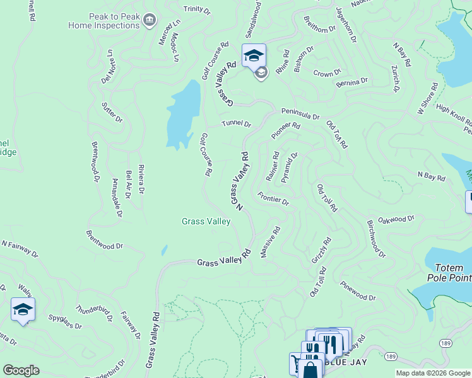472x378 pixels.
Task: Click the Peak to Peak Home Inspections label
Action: (x=104, y=21)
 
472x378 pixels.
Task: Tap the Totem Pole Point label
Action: (x=449, y=272)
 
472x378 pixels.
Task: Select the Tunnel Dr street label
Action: (x=236, y=124)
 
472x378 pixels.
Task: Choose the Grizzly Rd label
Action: (x=321, y=250)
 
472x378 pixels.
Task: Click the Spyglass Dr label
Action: (x=66, y=321)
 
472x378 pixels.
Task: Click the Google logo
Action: (x=21, y=370)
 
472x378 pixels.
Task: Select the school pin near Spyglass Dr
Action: (x=23, y=310)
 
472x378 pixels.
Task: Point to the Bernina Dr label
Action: (x=352, y=83)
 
